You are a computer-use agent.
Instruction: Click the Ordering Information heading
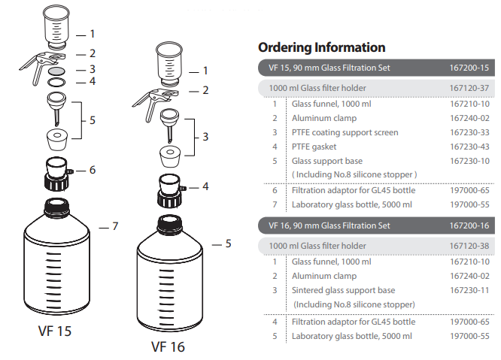point(322,47)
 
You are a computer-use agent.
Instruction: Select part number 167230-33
point(469,132)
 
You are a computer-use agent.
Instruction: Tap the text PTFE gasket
point(314,147)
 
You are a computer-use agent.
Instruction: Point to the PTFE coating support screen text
point(345,132)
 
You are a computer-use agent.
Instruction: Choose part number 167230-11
point(469,290)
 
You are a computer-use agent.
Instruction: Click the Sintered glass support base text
point(343,290)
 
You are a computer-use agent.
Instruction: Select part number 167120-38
point(469,246)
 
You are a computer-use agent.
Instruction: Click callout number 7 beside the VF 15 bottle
point(115,226)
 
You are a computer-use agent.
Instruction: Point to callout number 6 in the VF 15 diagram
point(93,170)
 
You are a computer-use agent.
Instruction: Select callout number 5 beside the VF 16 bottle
point(228,244)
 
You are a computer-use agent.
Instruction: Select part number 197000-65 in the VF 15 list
point(469,190)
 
